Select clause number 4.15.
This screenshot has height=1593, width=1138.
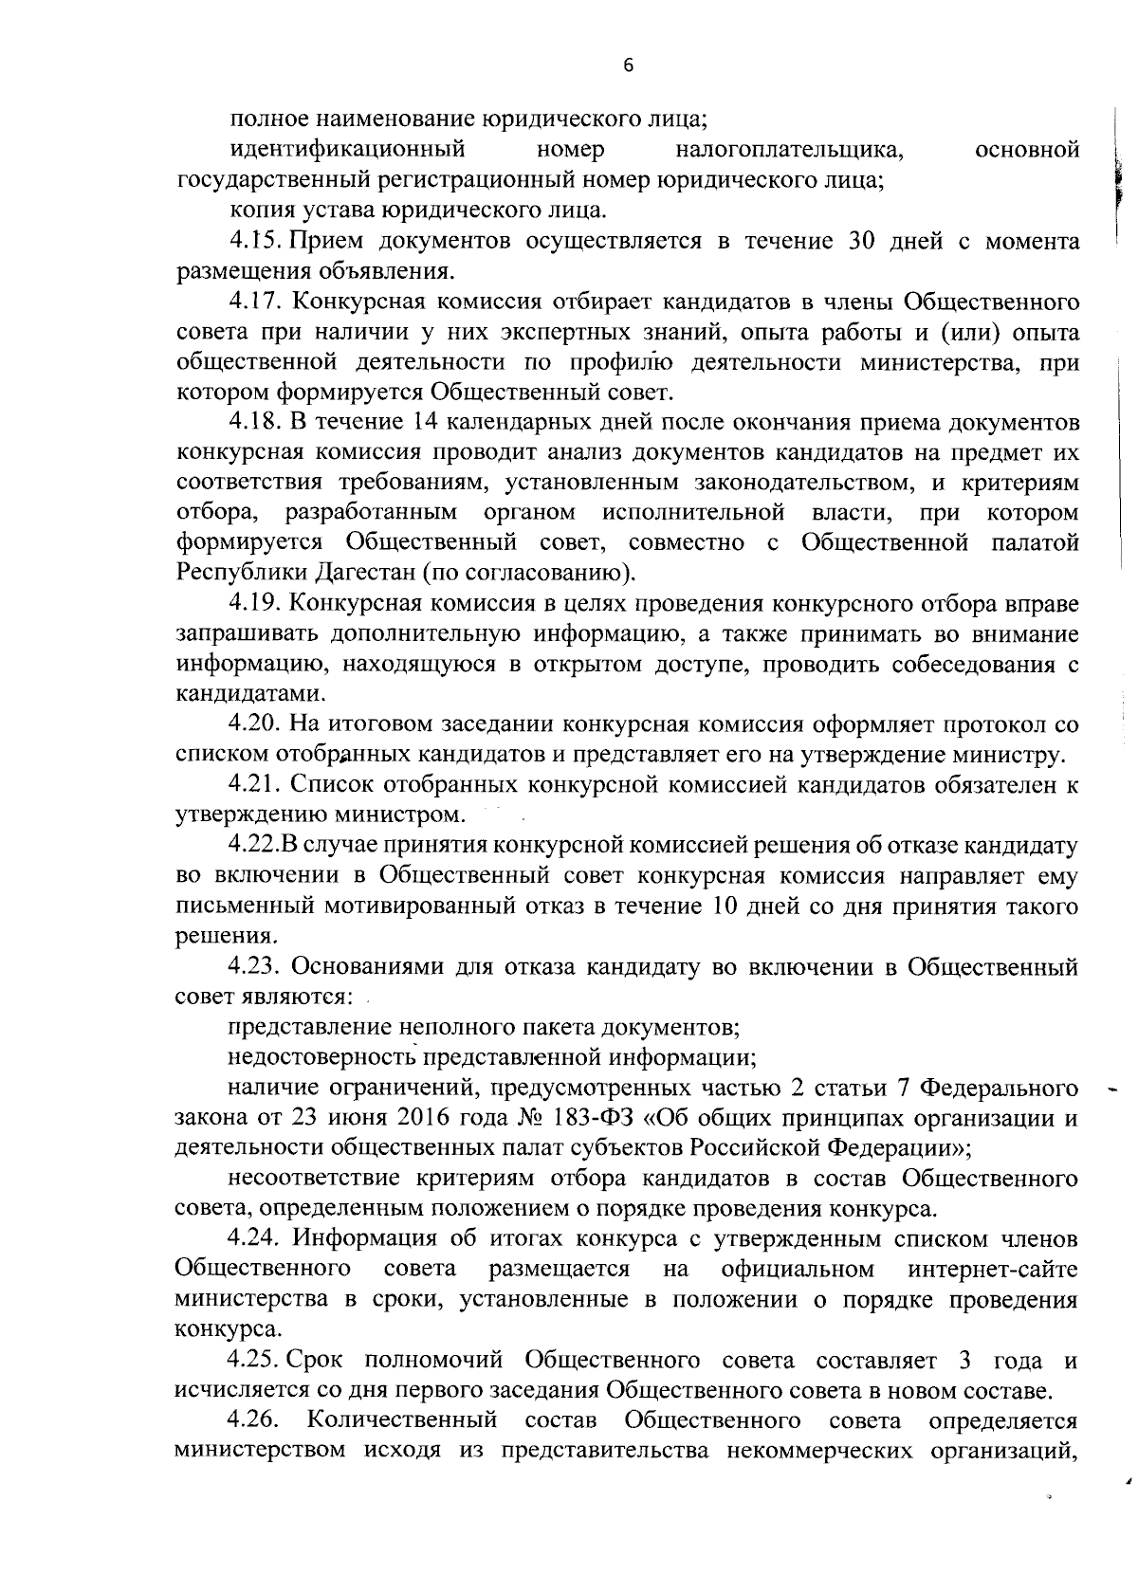(255, 241)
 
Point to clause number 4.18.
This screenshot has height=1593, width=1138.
(255, 422)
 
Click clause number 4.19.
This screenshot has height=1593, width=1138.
(255, 603)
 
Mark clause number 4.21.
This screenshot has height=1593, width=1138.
(256, 785)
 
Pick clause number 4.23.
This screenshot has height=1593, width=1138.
(257, 967)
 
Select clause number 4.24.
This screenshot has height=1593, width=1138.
(257, 1239)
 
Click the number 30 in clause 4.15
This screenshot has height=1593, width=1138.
(850, 241)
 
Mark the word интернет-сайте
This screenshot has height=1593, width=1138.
(992, 1269)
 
